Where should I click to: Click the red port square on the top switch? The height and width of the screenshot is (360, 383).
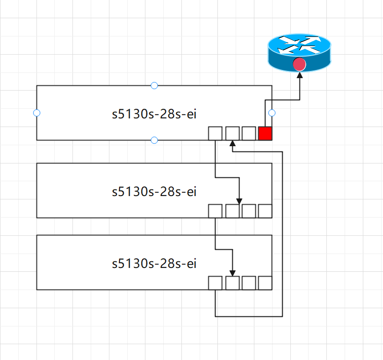click(265, 134)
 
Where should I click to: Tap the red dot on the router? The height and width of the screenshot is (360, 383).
click(300, 64)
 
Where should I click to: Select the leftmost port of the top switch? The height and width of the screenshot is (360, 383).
click(215, 134)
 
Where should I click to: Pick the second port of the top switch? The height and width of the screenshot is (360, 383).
click(232, 134)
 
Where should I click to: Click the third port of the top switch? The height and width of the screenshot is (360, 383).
click(249, 134)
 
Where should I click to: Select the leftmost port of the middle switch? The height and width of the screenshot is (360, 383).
click(215, 211)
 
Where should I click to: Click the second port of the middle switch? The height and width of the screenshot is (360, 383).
click(232, 211)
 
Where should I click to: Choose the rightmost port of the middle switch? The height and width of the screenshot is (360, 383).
click(265, 211)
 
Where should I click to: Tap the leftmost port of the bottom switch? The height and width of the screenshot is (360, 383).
click(215, 283)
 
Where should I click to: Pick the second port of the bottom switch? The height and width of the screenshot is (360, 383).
click(232, 283)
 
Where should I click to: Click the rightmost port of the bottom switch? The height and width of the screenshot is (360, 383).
click(265, 283)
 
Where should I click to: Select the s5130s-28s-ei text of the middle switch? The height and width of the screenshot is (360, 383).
click(154, 192)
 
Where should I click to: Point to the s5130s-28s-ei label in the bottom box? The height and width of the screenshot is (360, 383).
click(154, 263)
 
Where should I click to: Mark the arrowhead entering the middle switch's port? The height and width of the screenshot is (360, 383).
click(239, 201)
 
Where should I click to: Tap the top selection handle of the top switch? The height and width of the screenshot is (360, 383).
click(154, 85)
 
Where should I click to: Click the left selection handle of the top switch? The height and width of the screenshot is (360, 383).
click(36, 113)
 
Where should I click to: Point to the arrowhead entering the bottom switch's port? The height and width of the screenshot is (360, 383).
click(233, 273)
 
